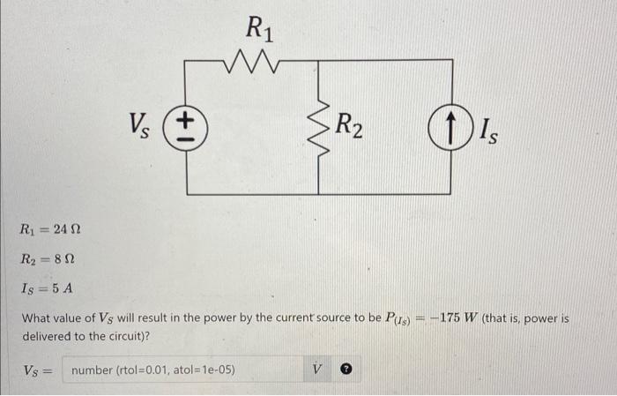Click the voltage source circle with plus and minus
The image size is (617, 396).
[186, 128]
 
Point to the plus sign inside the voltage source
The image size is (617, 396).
[186, 119]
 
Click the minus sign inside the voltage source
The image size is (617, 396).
[186, 138]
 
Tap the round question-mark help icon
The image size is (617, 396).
[347, 370]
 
